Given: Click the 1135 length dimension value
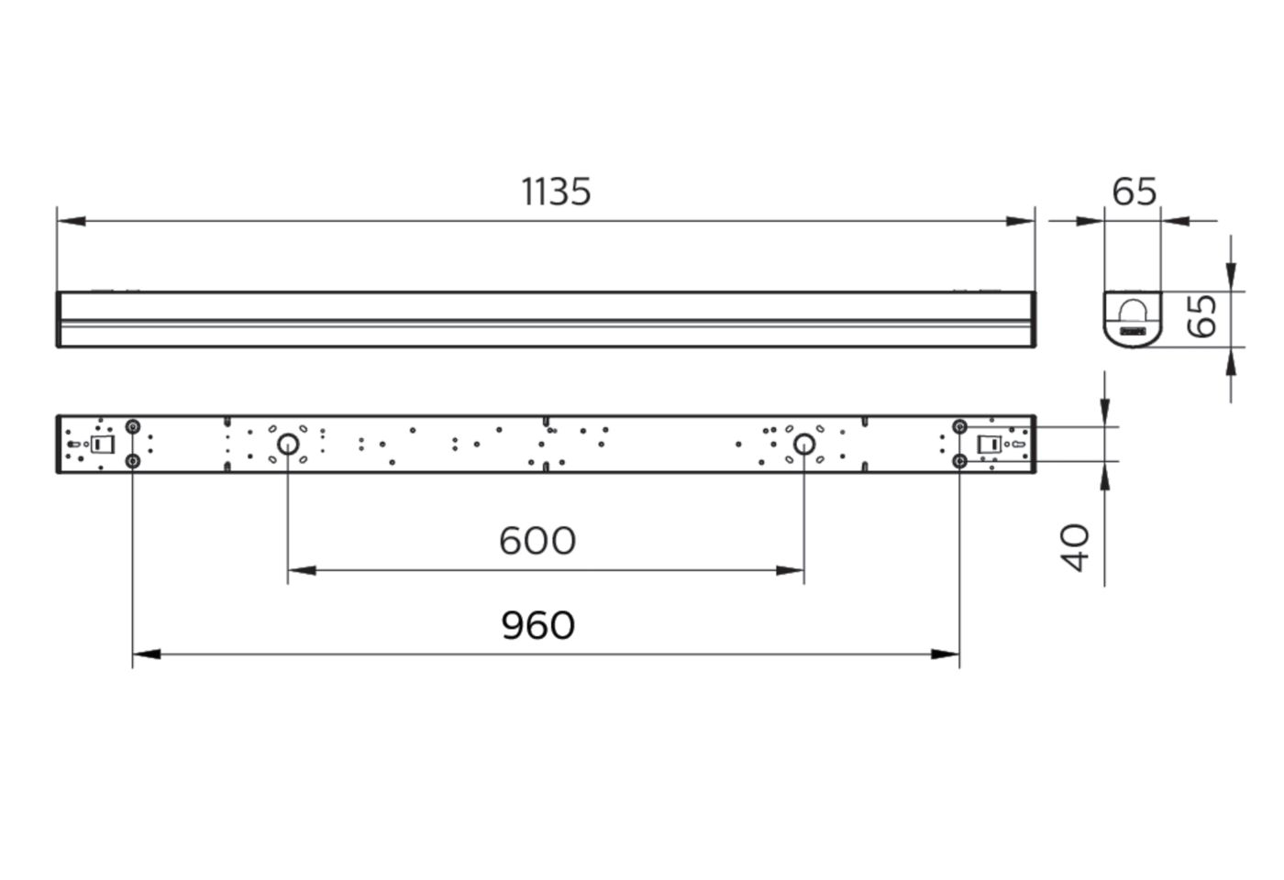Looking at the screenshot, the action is click(x=556, y=192).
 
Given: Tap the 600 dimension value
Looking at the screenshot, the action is click(x=537, y=541).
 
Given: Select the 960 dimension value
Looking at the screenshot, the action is click(x=537, y=625).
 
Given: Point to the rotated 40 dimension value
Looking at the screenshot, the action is click(x=1074, y=548).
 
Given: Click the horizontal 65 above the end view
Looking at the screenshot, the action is click(x=1135, y=192).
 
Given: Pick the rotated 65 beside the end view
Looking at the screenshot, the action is click(x=1201, y=316).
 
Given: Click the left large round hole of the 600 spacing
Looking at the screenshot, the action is click(x=288, y=444).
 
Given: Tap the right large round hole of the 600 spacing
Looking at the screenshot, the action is click(x=804, y=444).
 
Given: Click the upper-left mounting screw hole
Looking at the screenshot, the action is click(x=132, y=427).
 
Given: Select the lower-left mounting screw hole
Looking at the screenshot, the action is click(x=132, y=461).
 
